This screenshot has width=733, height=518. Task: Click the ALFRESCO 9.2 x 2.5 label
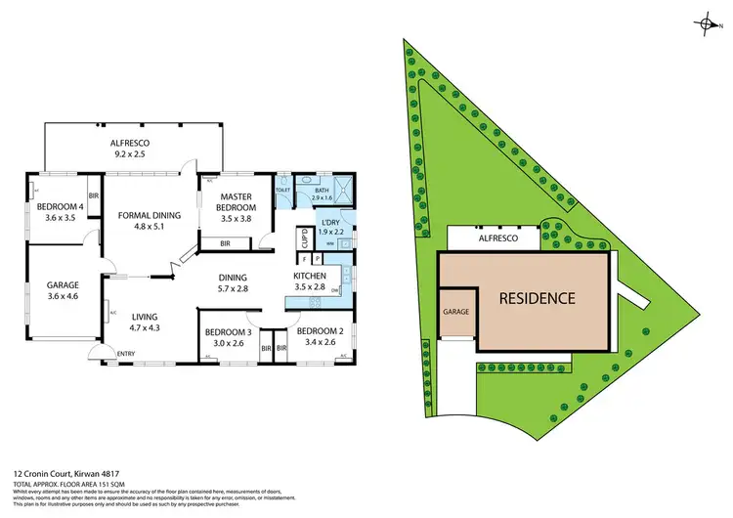click(129, 148)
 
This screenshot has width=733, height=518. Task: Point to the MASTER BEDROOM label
click(236, 202)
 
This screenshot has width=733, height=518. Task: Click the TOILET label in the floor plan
click(282, 191)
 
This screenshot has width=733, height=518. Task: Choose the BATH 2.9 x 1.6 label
click(322, 194)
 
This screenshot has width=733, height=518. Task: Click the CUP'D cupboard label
click(305, 240)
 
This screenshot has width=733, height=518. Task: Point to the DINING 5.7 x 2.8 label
click(233, 281)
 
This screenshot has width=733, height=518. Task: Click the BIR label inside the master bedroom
click(225, 242)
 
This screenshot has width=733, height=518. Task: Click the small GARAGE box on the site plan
click(456, 312)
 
